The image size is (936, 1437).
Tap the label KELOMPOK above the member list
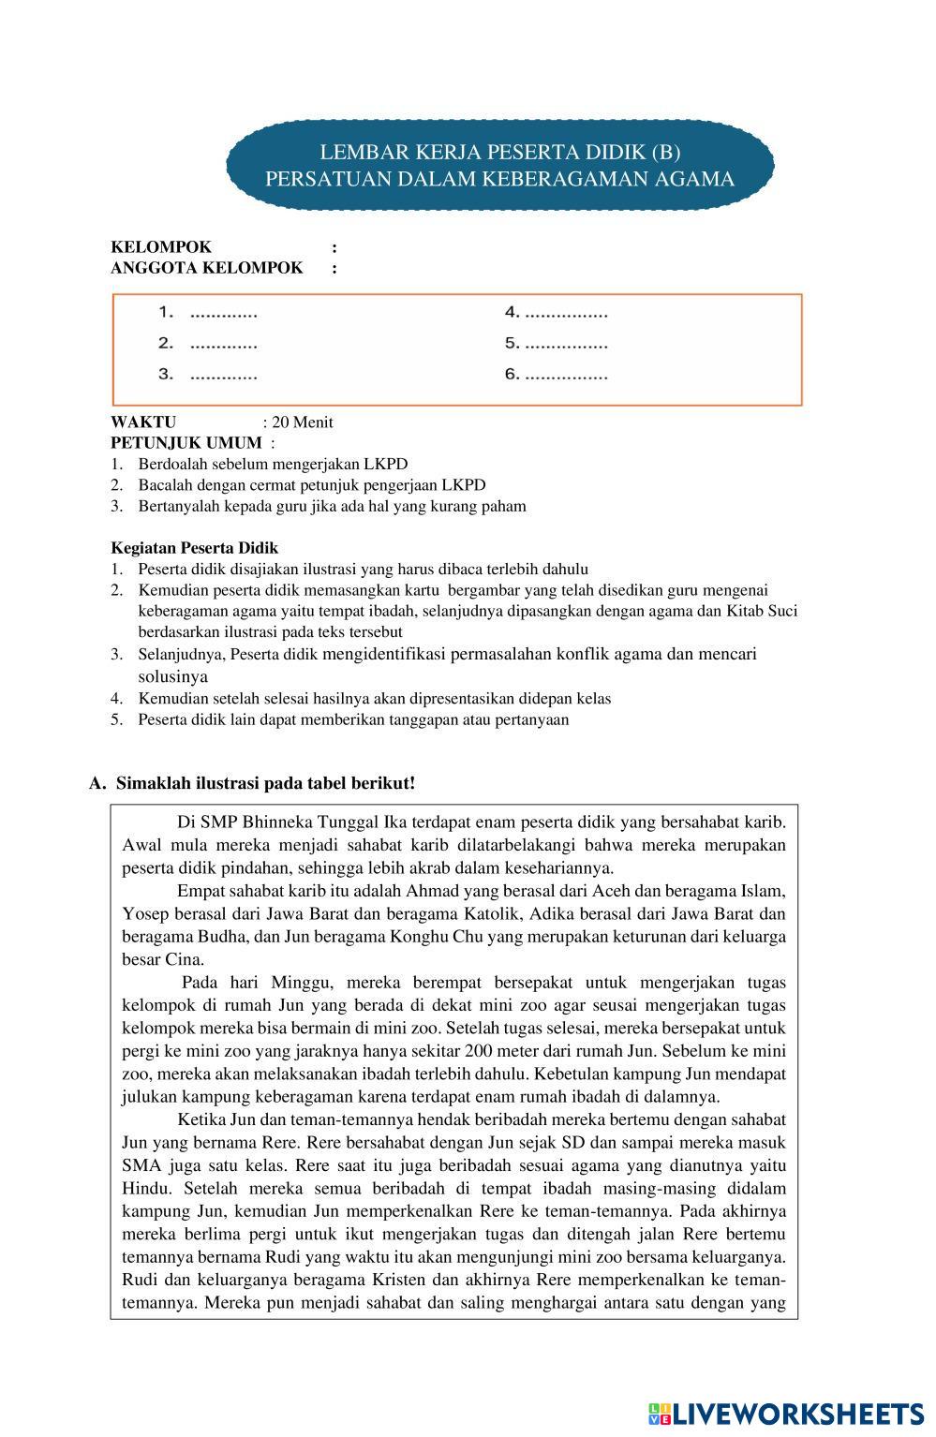[x=161, y=247]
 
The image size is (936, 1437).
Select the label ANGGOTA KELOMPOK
[x=207, y=268]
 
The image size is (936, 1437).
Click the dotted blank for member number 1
[x=223, y=314]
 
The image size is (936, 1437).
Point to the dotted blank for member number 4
[x=566, y=314]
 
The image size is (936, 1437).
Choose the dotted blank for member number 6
[x=566, y=376]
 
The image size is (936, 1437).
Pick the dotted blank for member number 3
[x=223, y=376]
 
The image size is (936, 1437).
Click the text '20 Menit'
[x=302, y=422]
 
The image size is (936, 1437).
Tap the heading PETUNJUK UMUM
[x=186, y=442]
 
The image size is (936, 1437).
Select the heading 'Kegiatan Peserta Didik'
[x=194, y=548]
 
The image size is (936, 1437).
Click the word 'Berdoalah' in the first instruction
[x=171, y=464]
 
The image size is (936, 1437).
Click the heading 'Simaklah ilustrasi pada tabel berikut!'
[x=265, y=783]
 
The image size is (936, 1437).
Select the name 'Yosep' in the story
[x=143, y=914]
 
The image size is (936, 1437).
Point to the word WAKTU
[x=143, y=422]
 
